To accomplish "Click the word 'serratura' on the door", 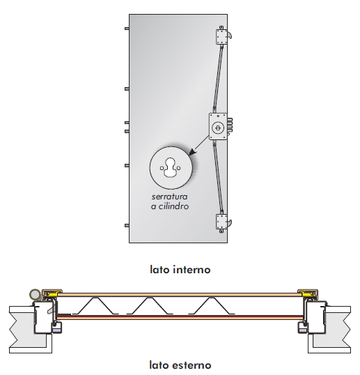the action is pyautogui.click(x=170, y=197).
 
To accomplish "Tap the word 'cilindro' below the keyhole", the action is pyautogui.click(x=173, y=206).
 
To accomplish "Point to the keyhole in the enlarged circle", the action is pyautogui.click(x=171, y=168).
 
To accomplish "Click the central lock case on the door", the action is pyautogui.click(x=218, y=127).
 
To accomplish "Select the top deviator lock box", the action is pyautogui.click(x=221, y=37).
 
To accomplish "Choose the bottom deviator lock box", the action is pyautogui.click(x=221, y=222).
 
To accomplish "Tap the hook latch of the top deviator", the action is pyautogui.click(x=229, y=35).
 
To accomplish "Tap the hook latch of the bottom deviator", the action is pyautogui.click(x=229, y=223).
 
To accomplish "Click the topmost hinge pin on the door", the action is pyautogui.click(x=127, y=29).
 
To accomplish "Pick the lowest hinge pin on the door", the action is pyautogui.click(x=127, y=226).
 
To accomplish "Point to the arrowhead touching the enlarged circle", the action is pyautogui.click(x=192, y=152).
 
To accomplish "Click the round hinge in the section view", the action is pyautogui.click(x=35, y=294).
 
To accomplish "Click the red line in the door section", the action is pyautogui.click(x=180, y=316).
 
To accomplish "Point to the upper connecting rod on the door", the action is pyautogui.click(x=219, y=77).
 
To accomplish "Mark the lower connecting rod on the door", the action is pyautogui.click(x=219, y=177).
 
